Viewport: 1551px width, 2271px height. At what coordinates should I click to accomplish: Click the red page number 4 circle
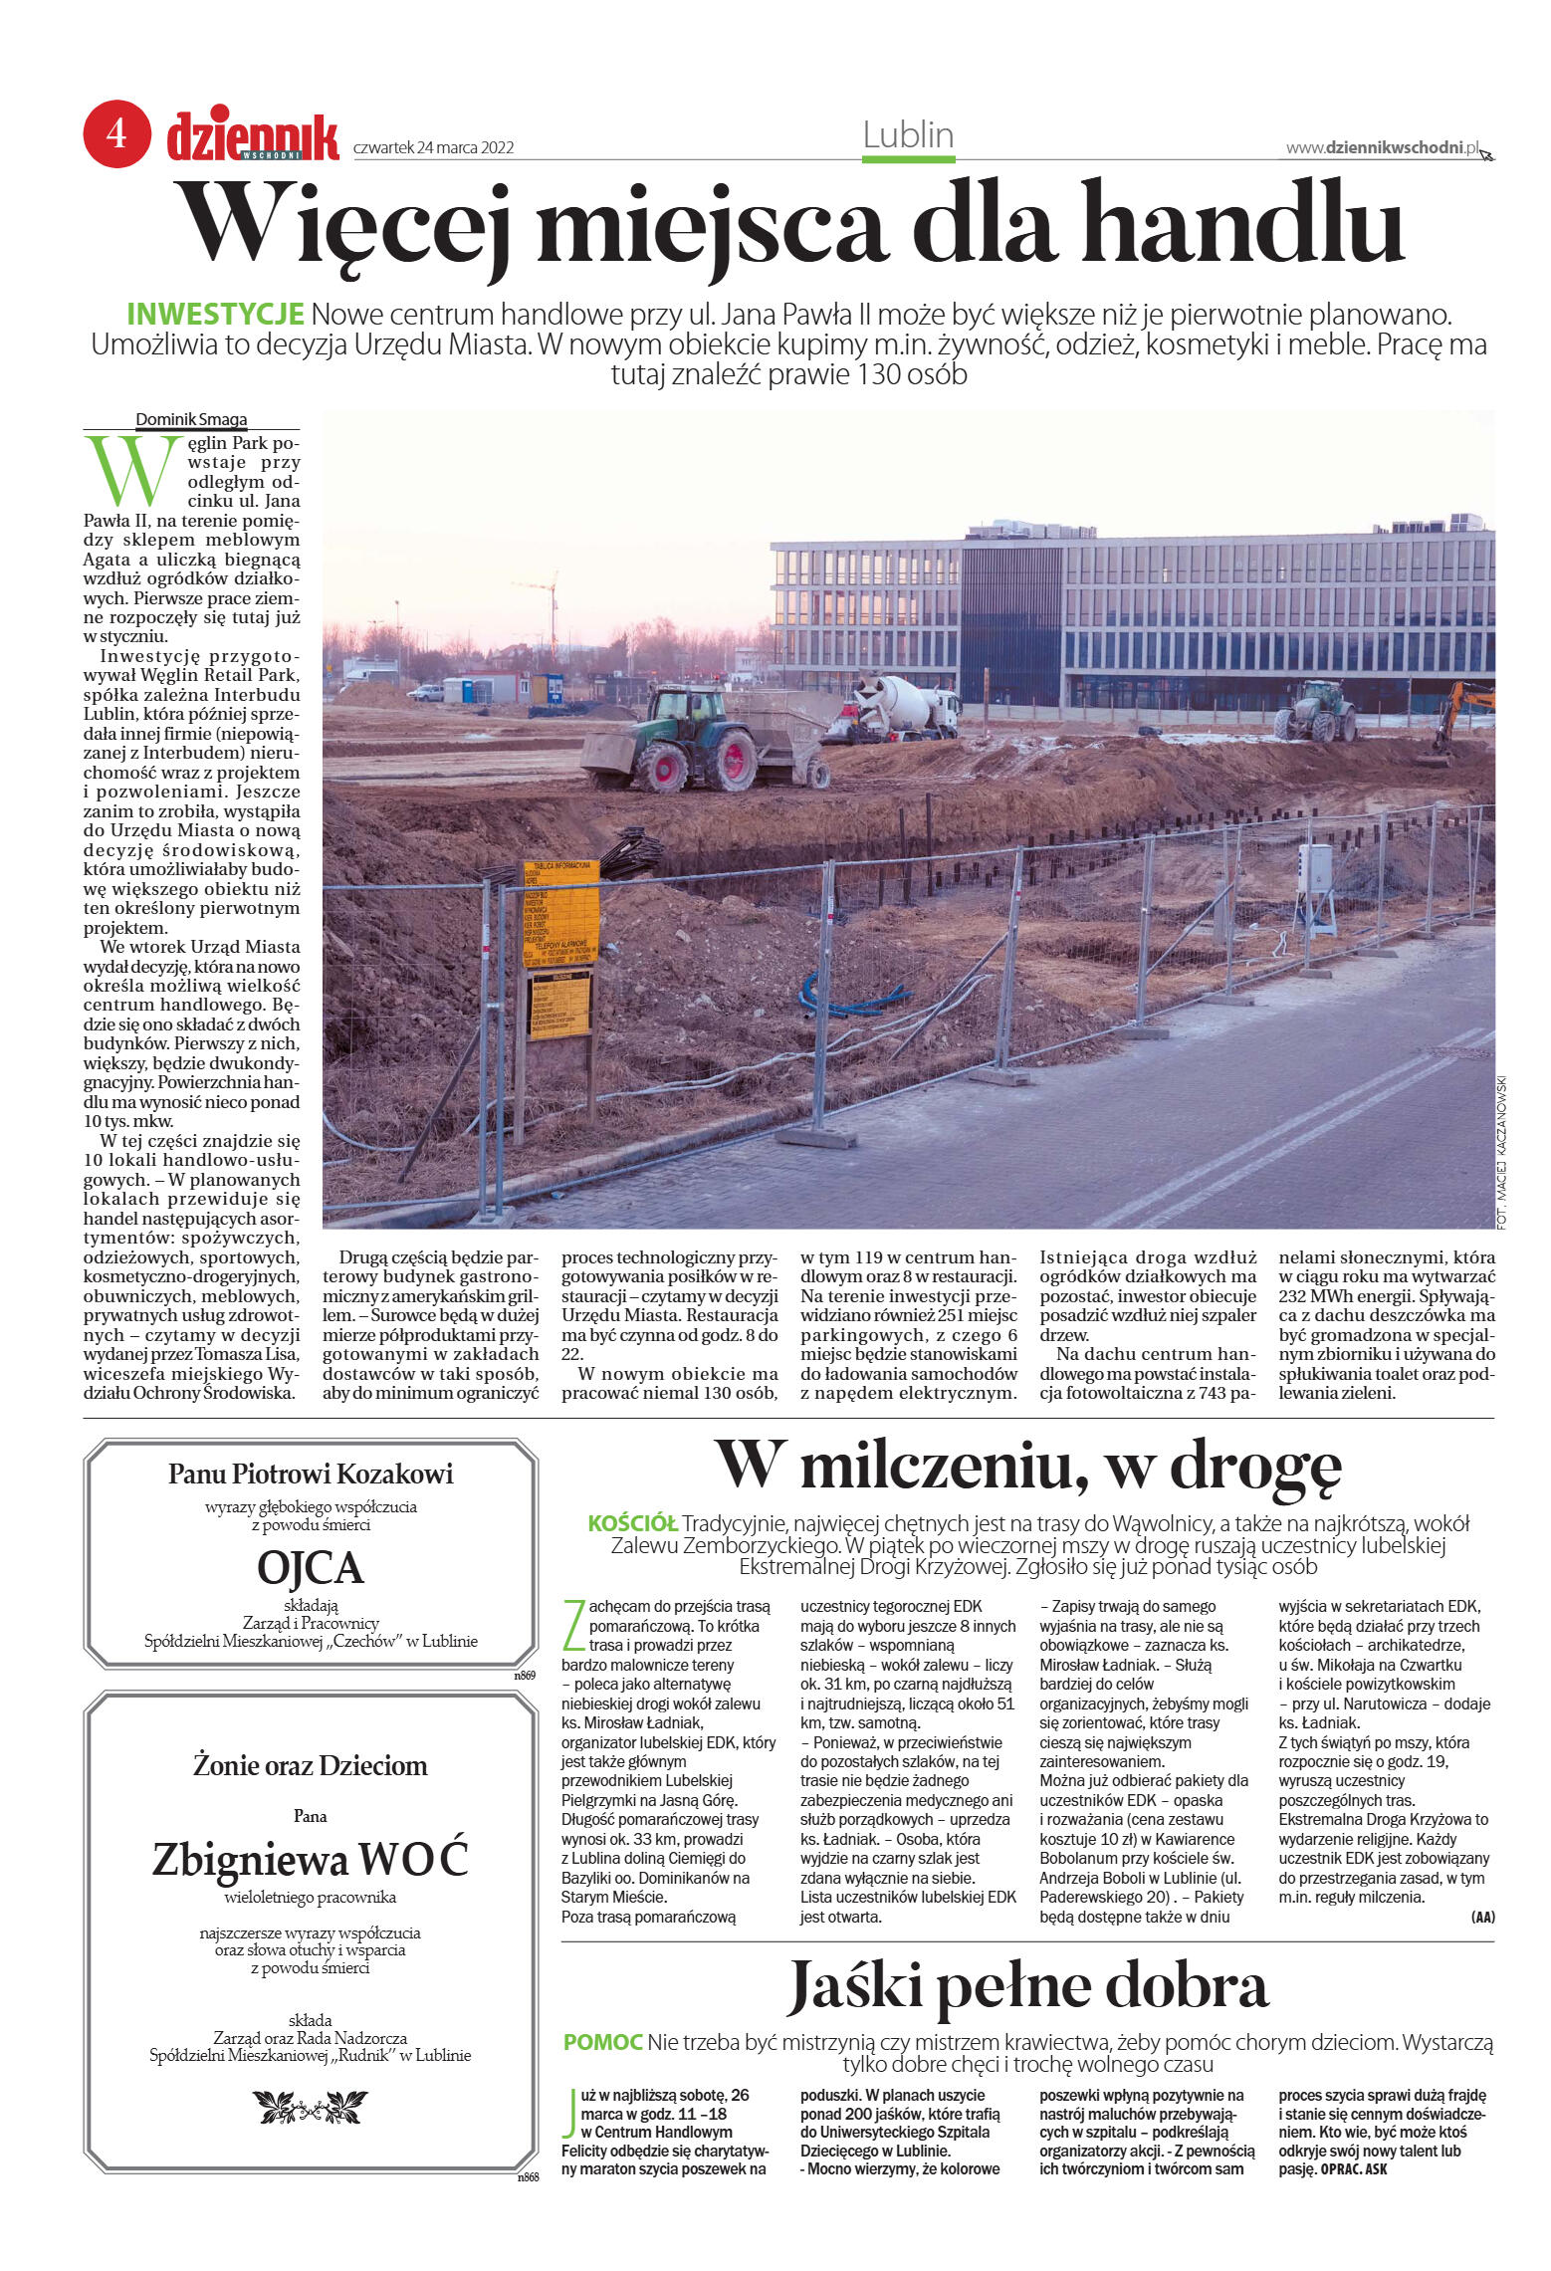click(x=116, y=133)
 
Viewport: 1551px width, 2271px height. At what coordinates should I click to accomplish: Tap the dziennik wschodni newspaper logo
click(x=253, y=135)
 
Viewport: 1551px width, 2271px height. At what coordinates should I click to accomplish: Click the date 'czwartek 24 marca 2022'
click(x=433, y=148)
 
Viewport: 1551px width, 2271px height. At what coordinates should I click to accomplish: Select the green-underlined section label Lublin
click(x=908, y=135)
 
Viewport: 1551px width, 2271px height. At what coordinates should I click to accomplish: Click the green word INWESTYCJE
click(x=215, y=315)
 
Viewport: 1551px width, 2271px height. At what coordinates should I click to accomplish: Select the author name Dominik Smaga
click(x=191, y=419)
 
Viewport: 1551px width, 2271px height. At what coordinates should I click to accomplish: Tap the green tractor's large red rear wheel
click(x=733, y=761)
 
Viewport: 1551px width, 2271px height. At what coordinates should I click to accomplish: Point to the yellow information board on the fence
click(x=560, y=914)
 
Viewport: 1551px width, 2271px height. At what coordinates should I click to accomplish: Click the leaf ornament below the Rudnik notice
click(x=311, y=2108)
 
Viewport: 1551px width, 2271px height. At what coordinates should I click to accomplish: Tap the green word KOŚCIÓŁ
click(x=632, y=1523)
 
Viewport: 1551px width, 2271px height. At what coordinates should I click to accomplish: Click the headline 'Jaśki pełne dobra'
click(x=1027, y=1985)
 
